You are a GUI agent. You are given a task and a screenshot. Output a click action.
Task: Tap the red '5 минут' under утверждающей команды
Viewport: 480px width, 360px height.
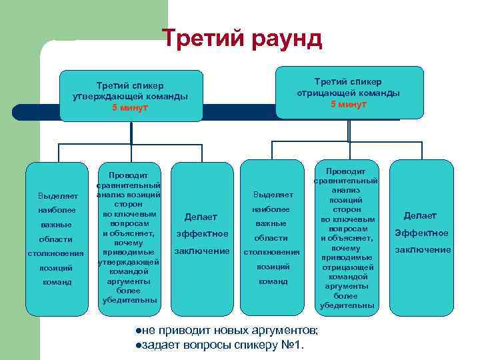130,108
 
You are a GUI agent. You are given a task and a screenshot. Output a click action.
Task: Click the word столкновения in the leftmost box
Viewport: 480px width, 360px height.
55,253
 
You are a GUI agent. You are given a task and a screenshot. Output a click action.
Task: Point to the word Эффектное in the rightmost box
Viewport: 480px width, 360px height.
421,233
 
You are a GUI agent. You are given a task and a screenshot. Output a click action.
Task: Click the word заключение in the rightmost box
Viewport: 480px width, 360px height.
423,250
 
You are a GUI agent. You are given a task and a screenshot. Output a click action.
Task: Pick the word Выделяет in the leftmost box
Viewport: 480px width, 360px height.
58,196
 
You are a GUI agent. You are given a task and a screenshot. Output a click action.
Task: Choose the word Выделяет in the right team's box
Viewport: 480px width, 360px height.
273,195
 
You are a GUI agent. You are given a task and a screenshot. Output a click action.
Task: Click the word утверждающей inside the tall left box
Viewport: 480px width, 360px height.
128,262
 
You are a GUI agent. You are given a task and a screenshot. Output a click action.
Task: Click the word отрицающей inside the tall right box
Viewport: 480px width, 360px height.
347,267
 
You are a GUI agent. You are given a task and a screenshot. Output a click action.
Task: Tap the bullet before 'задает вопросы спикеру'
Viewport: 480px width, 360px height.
137,344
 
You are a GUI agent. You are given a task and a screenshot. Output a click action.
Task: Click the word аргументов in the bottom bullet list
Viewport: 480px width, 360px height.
283,331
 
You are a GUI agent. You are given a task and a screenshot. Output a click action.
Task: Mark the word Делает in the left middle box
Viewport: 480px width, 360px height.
200,216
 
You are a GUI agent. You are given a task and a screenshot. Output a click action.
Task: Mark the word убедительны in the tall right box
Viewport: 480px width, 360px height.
347,305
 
